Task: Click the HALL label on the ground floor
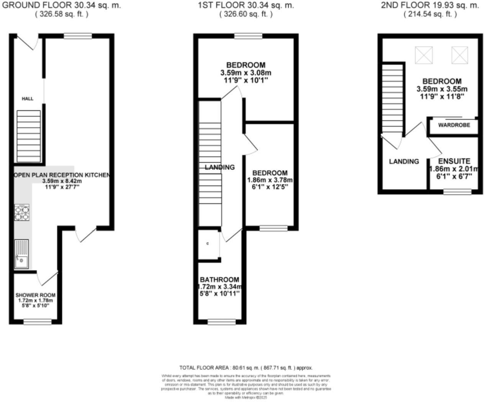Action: (x=27, y=99)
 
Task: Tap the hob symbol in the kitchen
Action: (x=22, y=213)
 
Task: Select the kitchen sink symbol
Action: (x=21, y=254)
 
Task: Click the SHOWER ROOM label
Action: (x=35, y=295)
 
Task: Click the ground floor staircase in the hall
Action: (x=29, y=136)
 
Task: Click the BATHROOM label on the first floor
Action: (x=219, y=280)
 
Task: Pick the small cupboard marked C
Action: (x=208, y=244)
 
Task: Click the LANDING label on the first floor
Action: (x=220, y=167)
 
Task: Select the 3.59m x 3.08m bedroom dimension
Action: (x=246, y=72)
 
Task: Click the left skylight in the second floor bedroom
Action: (x=423, y=55)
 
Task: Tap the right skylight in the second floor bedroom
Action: (x=459, y=55)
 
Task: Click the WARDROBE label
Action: (x=454, y=125)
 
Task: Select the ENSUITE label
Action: (x=454, y=161)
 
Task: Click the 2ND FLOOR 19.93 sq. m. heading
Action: (x=430, y=5)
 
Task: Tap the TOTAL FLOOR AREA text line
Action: (x=246, y=367)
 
